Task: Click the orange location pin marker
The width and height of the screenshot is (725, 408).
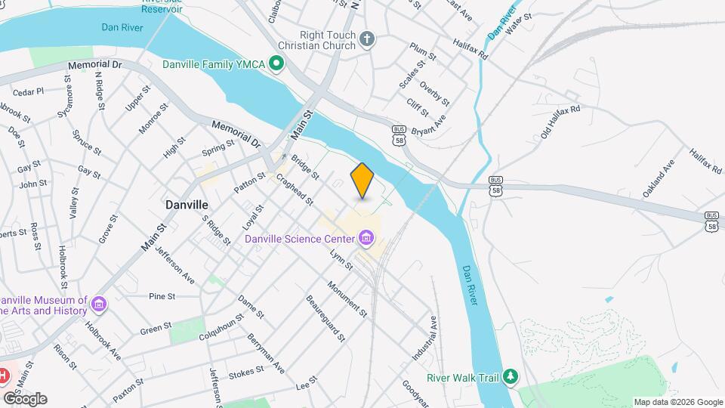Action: click(x=362, y=181)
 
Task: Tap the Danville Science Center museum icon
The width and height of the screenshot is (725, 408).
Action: click(x=366, y=240)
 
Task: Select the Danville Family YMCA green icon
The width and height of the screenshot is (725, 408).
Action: click(x=276, y=64)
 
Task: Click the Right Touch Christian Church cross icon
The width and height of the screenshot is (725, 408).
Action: click(x=367, y=39)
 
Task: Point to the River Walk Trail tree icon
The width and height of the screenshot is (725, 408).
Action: click(x=511, y=376)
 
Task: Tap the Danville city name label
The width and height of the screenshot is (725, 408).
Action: click(x=187, y=205)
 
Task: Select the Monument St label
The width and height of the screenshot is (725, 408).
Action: click(x=347, y=299)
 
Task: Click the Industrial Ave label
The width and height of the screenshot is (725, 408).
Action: click(x=426, y=338)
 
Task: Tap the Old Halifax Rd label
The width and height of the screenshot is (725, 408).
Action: click(x=560, y=122)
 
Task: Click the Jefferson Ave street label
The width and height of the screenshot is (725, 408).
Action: click(x=174, y=265)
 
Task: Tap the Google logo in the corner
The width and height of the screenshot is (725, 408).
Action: click(x=25, y=398)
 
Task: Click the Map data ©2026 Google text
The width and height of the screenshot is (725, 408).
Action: click(x=677, y=402)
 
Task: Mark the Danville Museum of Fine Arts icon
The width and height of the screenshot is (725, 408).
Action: click(x=98, y=304)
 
